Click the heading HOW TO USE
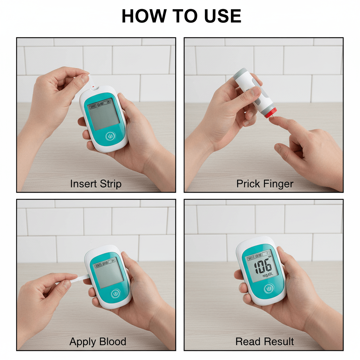click(181, 16)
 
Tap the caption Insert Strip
click(96, 184)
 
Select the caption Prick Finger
click(265, 184)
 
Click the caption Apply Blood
click(98, 341)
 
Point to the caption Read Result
click(265, 341)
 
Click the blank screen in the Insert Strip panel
click(103, 114)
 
